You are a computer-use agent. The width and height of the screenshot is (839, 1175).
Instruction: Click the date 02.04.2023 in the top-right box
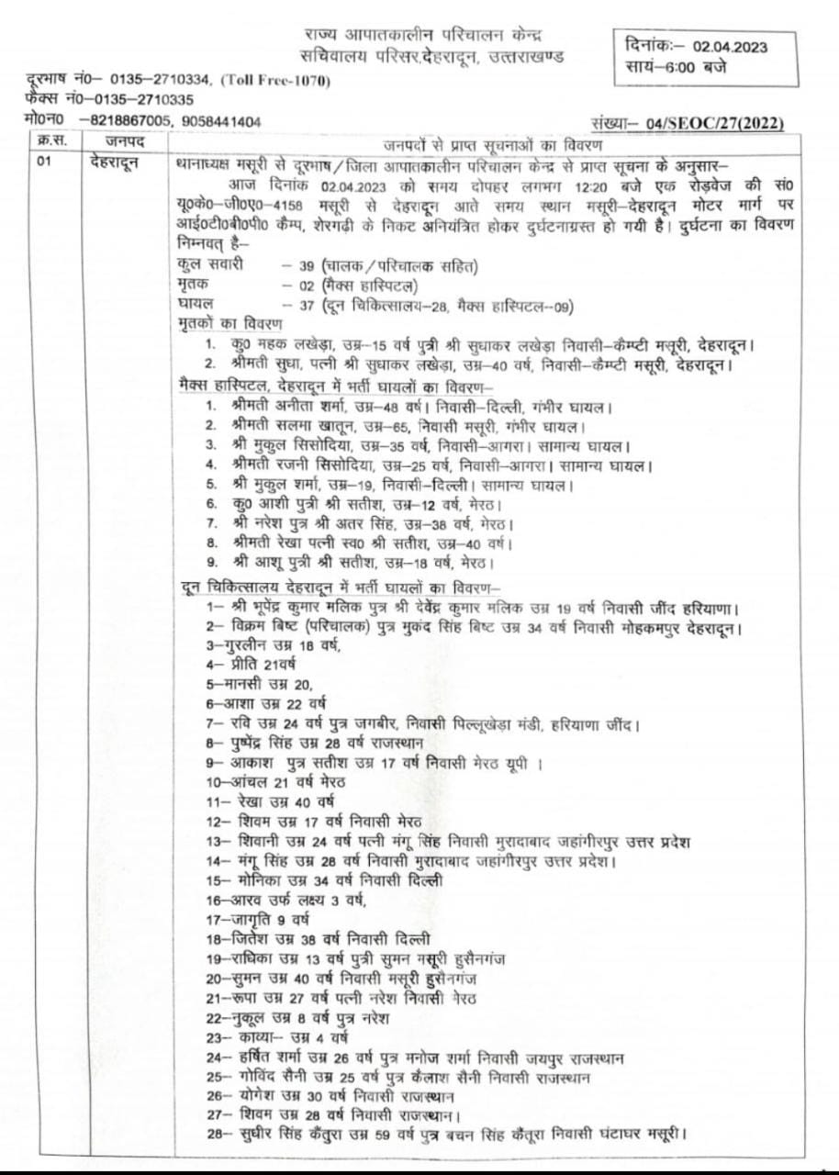pyautogui.click(x=731, y=47)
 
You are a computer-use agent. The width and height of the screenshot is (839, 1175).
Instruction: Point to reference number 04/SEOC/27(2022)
pyautogui.click(x=715, y=123)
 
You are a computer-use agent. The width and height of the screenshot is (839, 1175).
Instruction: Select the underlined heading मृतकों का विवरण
pyautogui.click(x=229, y=324)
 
